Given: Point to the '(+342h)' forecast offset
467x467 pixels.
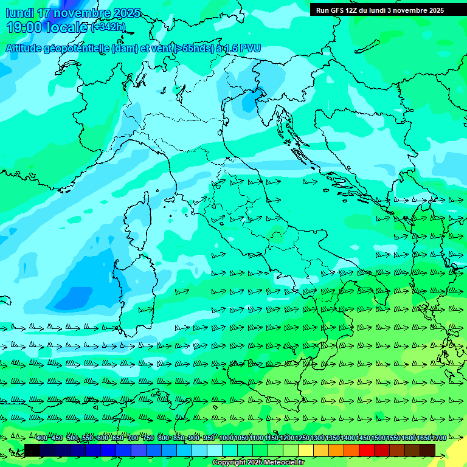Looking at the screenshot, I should (108, 27).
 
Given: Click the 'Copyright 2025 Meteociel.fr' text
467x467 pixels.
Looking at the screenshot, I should (258, 463).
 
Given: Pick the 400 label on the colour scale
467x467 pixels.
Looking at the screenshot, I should (42, 438).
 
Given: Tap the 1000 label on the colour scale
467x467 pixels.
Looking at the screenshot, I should (226, 438).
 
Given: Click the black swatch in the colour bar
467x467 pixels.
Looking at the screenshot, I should (32, 450).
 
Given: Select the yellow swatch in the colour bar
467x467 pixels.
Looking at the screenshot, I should (305, 450).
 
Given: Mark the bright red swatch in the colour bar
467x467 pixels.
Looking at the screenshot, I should (366, 450).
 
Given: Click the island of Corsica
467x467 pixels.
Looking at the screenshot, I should (137, 222).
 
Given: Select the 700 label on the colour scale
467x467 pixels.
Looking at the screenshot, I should (133, 438).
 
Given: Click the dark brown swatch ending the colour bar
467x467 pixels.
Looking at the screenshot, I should (427, 450).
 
